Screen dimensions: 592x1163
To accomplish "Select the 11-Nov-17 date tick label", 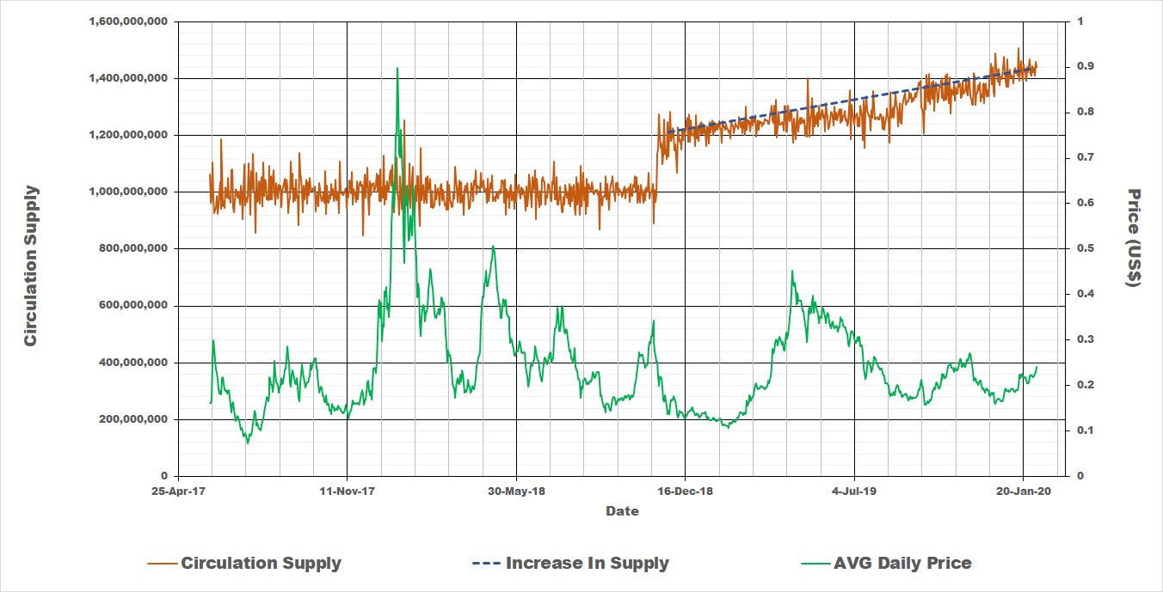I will pyautogui.click(x=348, y=491).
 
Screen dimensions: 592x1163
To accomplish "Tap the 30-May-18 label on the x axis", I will pyautogui.click(x=517, y=491).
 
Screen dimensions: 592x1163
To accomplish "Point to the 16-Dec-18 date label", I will pyautogui.click(x=686, y=491).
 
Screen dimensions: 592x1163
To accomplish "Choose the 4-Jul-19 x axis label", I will pyautogui.click(x=855, y=491).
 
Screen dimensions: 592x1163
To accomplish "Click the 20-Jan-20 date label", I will pyautogui.click(x=1024, y=491).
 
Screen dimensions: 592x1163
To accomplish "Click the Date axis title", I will pyautogui.click(x=622, y=511).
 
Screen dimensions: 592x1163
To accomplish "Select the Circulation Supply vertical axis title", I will pyautogui.click(x=31, y=265).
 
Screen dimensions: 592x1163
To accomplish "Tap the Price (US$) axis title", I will pyautogui.click(x=1133, y=238).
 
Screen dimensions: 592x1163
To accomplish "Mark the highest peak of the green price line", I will pyautogui.click(x=397, y=68).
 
